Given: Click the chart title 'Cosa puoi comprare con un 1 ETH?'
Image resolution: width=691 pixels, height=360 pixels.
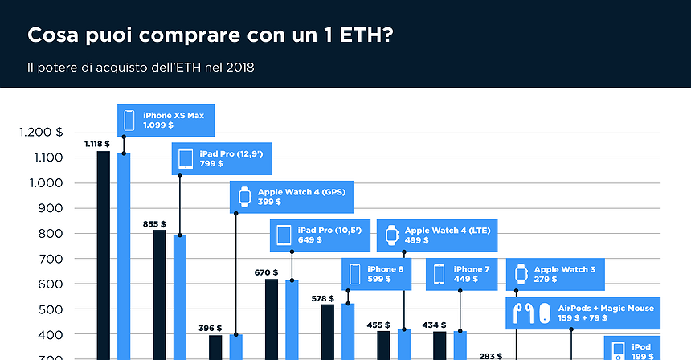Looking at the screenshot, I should point(211,36).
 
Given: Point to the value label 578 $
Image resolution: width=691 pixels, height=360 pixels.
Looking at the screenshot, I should point(323,298).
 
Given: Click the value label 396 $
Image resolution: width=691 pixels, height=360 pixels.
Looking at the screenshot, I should point(210,329).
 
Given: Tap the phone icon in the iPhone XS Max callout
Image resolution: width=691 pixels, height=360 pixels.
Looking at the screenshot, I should point(129,121).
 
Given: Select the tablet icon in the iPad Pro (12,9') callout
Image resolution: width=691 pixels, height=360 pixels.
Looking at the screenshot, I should point(186,158).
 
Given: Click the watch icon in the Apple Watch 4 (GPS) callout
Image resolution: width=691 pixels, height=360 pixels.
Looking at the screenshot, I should point(243,196).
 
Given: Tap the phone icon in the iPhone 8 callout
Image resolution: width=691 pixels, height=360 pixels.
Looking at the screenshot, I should point(354,274).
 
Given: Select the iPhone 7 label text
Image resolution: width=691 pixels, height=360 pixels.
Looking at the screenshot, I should point(470,269).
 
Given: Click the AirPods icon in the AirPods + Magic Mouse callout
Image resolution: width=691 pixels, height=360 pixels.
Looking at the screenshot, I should point(523,313).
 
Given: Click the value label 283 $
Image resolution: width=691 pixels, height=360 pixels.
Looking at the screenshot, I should point(490,354).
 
